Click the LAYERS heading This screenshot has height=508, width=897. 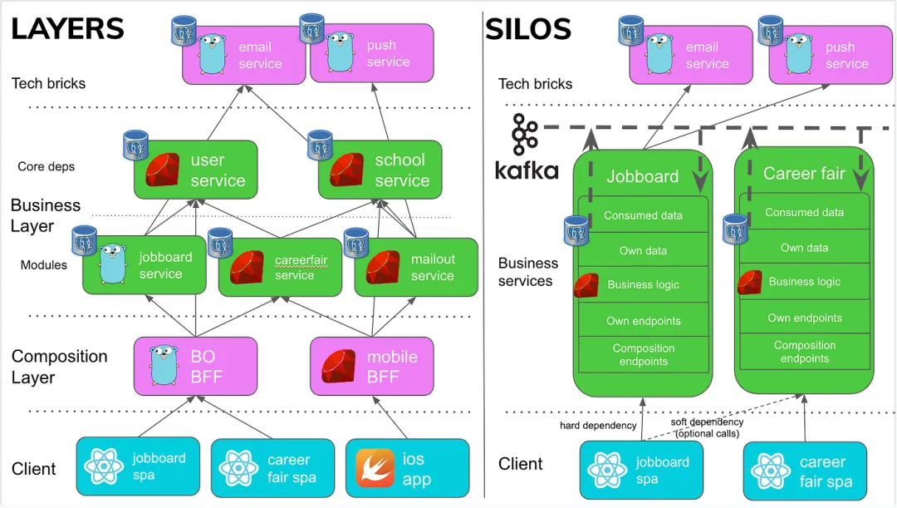(67, 29)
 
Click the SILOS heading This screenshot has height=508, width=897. (528, 30)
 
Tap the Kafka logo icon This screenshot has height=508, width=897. (526, 136)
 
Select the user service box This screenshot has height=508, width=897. (195, 170)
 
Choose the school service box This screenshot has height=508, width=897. (380, 170)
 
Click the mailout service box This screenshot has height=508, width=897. (416, 267)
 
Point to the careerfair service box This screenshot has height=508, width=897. (280, 267)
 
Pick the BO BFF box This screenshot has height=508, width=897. (195, 366)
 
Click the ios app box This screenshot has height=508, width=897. (407, 467)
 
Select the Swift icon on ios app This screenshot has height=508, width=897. (375, 467)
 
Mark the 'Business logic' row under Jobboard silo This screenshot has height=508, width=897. (642, 284)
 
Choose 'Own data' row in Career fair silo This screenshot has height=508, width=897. (804, 248)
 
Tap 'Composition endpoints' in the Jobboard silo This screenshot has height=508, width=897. (642, 355)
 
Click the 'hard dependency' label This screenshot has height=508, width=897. (598, 426)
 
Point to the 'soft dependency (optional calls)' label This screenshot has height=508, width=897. (708, 427)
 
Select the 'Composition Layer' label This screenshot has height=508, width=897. (59, 367)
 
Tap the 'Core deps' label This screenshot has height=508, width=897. (46, 166)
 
